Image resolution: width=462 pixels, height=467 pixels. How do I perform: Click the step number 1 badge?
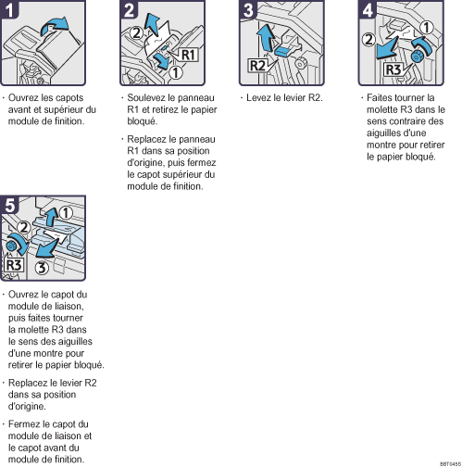[x=11, y=11]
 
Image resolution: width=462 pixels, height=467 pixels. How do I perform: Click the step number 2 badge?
[x=131, y=11]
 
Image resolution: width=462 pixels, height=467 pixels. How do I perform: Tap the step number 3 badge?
[x=249, y=11]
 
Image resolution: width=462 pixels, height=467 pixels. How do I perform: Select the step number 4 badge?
[x=368, y=11]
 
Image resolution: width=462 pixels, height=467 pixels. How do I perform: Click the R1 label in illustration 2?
[x=187, y=56]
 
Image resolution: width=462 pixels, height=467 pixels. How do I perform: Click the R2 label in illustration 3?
[x=258, y=66]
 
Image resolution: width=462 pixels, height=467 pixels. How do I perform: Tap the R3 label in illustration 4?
[x=393, y=69]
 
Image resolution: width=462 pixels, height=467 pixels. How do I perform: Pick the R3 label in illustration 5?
[x=15, y=265]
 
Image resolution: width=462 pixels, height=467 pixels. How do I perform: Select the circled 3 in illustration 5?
[x=42, y=270]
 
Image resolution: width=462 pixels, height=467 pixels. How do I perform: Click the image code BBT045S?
[x=450, y=462]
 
